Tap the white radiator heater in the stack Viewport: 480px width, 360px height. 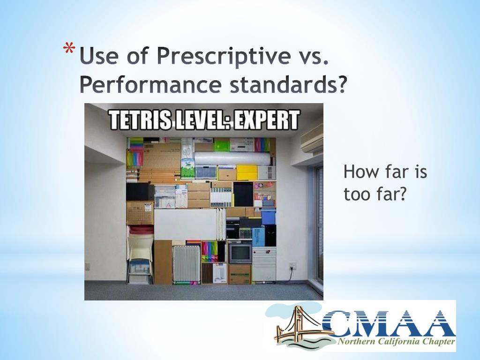pos(186,263)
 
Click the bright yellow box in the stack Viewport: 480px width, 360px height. pos(247,172)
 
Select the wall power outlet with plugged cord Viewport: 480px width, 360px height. pos(292,266)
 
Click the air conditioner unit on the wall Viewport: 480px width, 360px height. pos(312,139)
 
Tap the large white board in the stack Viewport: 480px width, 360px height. pos(185,224)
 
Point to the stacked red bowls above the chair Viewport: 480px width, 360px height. pos(141,230)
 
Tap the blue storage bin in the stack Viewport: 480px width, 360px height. pos(268,217)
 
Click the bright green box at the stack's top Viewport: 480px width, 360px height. pos(222,145)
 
